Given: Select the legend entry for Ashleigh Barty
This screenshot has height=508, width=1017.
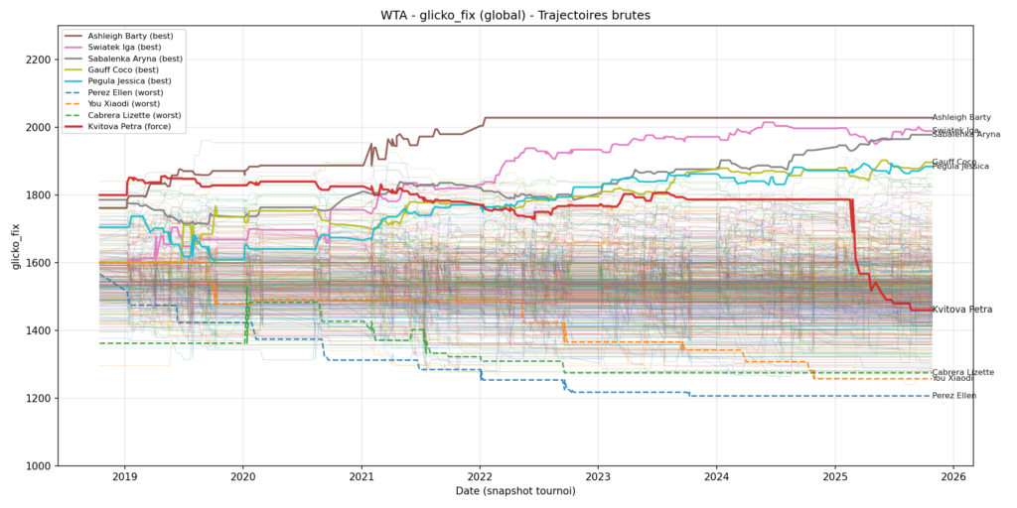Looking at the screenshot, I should (x=130, y=36).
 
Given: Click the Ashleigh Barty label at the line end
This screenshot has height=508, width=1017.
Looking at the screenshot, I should (x=960, y=118).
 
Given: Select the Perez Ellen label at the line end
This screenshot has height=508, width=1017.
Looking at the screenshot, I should (x=953, y=396).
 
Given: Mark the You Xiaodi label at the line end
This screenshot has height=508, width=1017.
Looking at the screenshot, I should (x=951, y=378).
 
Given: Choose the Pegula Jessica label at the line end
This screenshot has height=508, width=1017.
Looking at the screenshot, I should (x=959, y=167).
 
